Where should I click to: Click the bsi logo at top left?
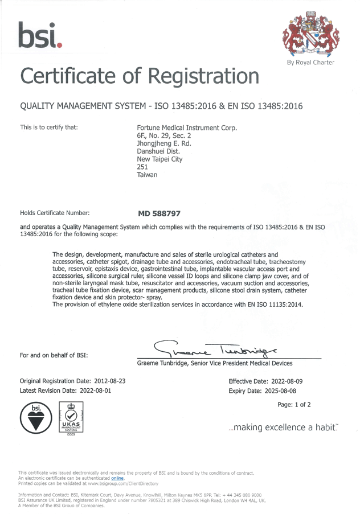[39, 35]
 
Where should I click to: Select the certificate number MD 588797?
[159, 213]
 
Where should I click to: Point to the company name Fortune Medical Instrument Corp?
[187, 128]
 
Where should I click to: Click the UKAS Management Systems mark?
[71, 420]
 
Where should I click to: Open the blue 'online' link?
[117, 479]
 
